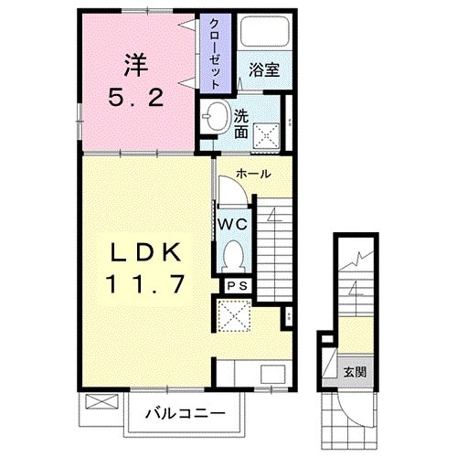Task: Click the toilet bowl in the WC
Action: tap(233, 256)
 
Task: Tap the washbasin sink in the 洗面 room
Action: tap(217, 116)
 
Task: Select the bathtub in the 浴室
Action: tap(264, 31)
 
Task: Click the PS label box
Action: tap(238, 286)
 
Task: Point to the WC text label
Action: tap(233, 225)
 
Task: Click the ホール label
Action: tap(253, 174)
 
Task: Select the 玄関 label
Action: tap(356, 372)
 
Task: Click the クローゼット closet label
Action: tap(215, 54)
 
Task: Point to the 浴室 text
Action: tap(264, 69)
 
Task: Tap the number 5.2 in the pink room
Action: tap(136, 98)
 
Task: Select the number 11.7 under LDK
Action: tap(145, 283)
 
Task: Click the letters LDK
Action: tap(145, 253)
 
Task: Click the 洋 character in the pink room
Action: tap(136, 65)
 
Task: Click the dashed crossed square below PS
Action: tap(233, 315)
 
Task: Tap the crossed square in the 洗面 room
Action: tap(267, 136)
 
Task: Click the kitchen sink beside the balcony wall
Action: tap(273, 375)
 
